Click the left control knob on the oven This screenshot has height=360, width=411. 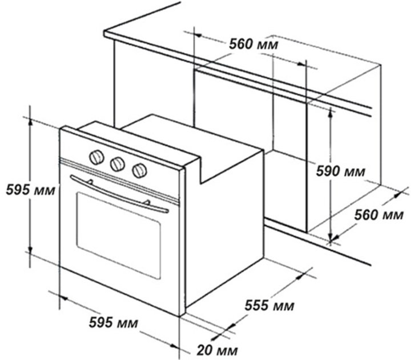(96, 157)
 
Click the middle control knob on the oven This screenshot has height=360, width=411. (118, 164)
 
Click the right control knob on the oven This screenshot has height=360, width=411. (139, 170)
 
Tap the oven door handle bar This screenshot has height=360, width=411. (119, 195)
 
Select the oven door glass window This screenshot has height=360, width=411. (119, 235)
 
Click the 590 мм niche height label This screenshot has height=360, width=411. (340, 171)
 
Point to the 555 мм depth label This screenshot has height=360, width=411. (269, 305)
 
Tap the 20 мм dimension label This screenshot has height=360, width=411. (217, 350)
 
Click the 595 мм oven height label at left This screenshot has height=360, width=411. (31, 190)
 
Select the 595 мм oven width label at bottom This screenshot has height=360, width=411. (113, 322)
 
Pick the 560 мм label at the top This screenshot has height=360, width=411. (253, 45)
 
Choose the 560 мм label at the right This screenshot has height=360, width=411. (379, 215)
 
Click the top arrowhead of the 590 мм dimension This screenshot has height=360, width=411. (331, 113)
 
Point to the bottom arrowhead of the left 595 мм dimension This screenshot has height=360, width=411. (31, 251)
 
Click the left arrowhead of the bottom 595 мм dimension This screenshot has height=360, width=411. (64, 298)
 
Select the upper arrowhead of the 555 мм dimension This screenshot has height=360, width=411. (302, 275)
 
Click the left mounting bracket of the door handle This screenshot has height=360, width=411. (90, 181)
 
